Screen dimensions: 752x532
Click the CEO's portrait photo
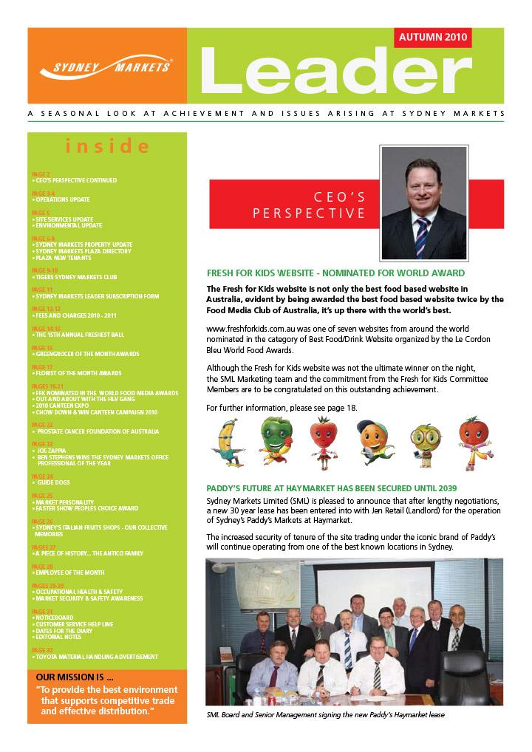(x=423, y=200)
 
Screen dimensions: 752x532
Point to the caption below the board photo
(x=326, y=715)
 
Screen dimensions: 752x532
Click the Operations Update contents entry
(x=64, y=199)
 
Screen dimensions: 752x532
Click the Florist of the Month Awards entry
(x=79, y=373)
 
